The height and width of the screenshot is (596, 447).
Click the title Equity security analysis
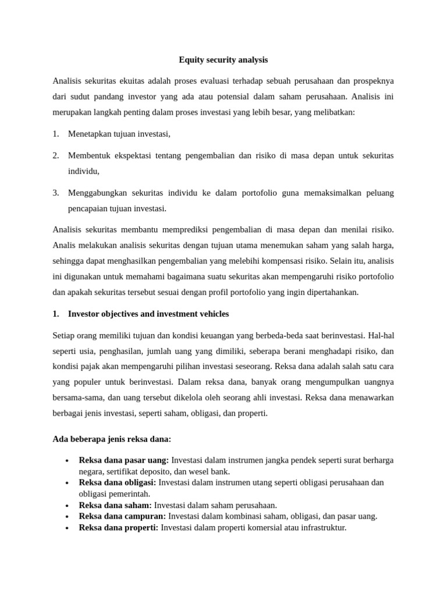click(223, 60)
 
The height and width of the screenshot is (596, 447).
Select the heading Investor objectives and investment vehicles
click(148, 314)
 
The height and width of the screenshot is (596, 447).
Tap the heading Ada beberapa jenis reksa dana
click(112, 438)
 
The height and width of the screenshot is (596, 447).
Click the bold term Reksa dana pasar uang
click(123, 460)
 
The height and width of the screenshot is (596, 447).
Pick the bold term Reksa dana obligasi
click(117, 483)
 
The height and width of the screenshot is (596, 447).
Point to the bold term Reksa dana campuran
click(122, 516)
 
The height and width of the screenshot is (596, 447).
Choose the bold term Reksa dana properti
click(118, 527)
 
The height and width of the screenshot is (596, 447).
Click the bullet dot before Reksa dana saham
click(68, 505)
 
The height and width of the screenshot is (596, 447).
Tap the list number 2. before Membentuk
click(56, 156)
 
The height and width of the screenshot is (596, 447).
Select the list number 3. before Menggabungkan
click(56, 193)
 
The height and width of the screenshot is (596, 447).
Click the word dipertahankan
click(329, 292)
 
